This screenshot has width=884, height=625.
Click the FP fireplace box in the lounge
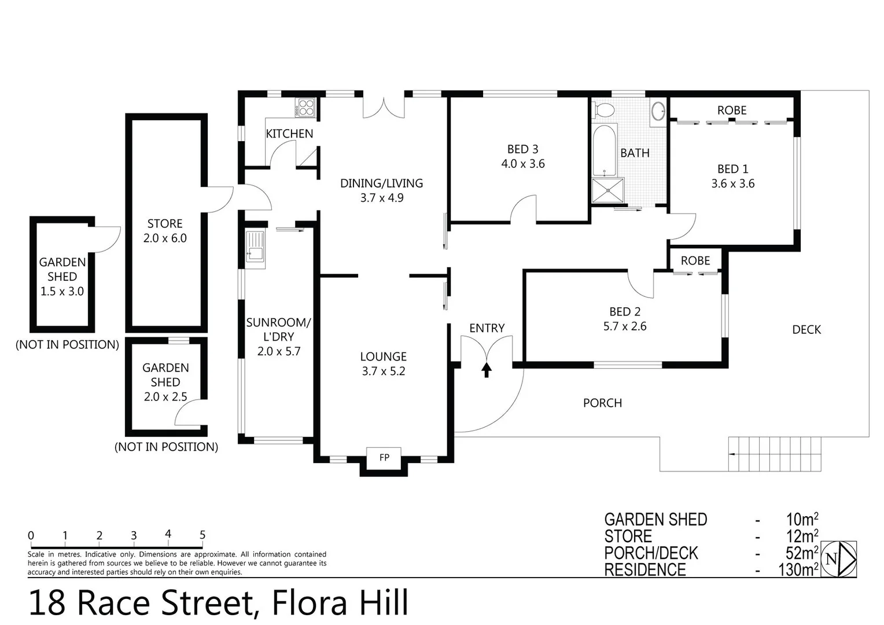(384, 458)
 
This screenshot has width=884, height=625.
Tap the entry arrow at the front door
(486, 369)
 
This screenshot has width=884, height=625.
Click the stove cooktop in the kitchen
(306, 108)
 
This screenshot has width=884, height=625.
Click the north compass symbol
(838, 559)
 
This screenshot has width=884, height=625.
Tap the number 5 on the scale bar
(202, 535)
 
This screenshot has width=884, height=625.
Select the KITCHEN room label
(289, 134)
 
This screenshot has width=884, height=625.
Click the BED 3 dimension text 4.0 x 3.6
(522, 164)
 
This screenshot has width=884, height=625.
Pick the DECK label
(806, 329)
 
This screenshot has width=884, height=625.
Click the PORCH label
(602, 403)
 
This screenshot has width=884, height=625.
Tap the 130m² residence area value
(798, 569)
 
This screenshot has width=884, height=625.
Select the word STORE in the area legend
(628, 536)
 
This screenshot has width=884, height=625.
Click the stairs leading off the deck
(775, 454)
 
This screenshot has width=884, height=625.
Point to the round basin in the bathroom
(658, 111)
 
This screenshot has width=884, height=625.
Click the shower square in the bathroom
(608, 190)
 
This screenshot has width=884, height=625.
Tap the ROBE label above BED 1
(731, 110)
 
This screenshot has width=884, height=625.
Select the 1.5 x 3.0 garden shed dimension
(62, 292)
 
